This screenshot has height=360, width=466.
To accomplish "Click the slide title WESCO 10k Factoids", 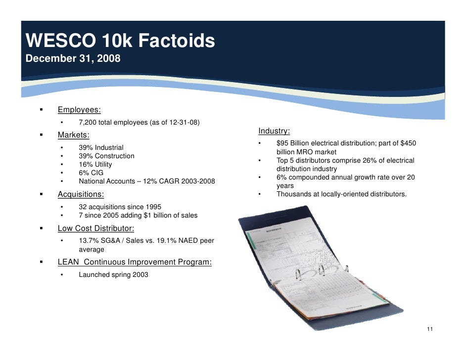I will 120,41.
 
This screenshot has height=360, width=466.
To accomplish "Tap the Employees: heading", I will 79,110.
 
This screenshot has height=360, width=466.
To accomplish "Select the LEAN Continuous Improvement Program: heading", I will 135,262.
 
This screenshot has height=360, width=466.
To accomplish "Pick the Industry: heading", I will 274,131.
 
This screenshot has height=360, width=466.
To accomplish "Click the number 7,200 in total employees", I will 88,123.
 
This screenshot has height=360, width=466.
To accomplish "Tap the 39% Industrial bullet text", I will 101,147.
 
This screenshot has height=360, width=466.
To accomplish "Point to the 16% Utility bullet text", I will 95,164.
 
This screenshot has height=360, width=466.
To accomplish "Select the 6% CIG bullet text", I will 91,173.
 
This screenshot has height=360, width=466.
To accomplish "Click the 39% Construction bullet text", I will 106,156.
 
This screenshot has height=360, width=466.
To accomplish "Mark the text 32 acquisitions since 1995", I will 120,207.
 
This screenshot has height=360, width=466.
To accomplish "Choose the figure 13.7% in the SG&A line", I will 89,241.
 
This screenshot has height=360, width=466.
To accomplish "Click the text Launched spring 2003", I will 113,274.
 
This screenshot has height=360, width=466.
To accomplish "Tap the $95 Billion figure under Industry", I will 293,143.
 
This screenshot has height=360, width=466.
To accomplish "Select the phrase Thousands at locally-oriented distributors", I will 341,194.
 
